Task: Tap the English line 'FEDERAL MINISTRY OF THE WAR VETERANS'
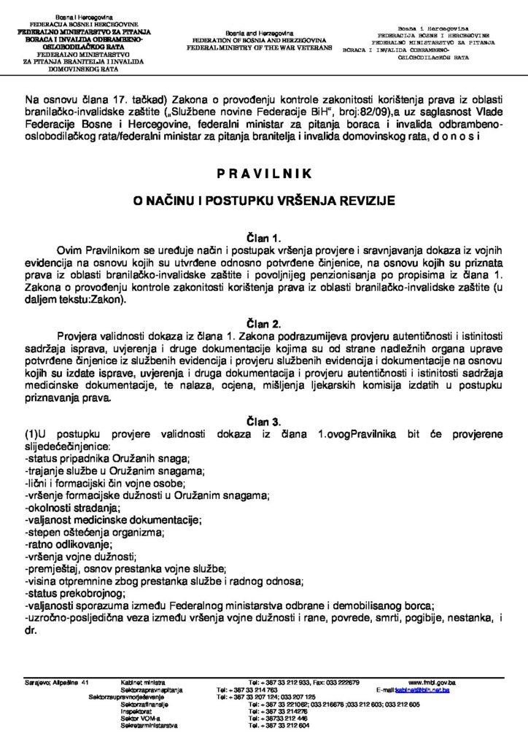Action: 259,47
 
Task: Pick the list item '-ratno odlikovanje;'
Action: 69,544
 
